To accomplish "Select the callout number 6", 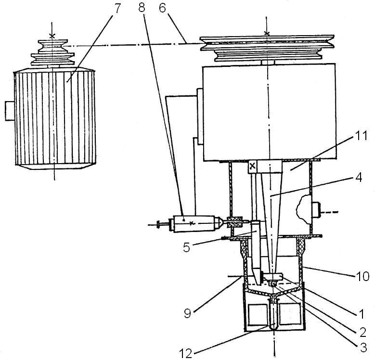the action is pos(163,8).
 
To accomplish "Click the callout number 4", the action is pos(358,178).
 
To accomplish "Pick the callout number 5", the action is pos(187,247).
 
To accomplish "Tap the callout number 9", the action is pos(187,313).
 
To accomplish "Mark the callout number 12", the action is pos(186,353).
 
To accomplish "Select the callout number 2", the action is pos(362,332).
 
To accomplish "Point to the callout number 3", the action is pos(363,348).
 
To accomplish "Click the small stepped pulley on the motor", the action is pos(52,52).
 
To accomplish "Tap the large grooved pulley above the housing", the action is pos(267,48).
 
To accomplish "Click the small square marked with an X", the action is pos(253,166).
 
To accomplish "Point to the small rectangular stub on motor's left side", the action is pos(10,111).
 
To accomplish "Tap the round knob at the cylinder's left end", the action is pos(158,225).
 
